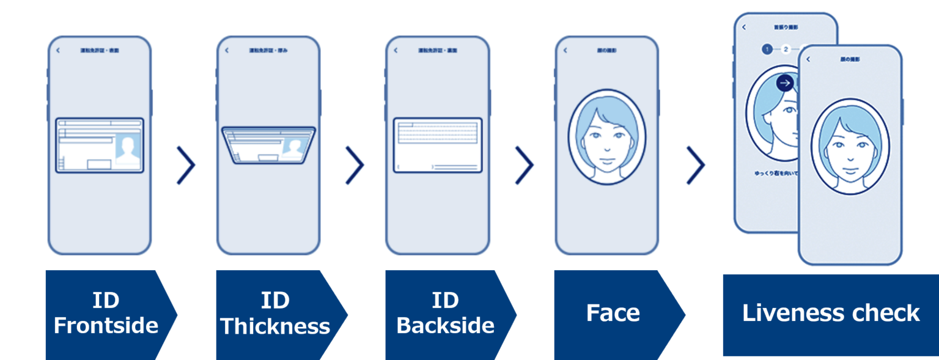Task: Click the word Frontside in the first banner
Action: pos(106,325)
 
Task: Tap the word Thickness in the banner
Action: pos(275,326)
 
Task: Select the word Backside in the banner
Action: pos(445,325)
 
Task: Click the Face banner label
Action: pos(613,313)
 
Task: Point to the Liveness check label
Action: pos(830,313)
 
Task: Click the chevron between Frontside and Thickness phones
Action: pos(186,165)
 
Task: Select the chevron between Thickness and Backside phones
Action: pos(355,165)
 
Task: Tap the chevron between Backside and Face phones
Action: pos(524,165)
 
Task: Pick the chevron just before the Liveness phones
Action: pos(695,165)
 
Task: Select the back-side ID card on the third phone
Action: pos(438,145)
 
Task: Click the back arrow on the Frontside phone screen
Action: pos(58,50)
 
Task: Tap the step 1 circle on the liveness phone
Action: pos(767,49)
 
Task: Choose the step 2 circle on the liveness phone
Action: pos(786,49)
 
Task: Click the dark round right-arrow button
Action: pos(785,83)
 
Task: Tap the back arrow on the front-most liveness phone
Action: pos(808,59)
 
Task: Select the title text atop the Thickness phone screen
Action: pos(268,50)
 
